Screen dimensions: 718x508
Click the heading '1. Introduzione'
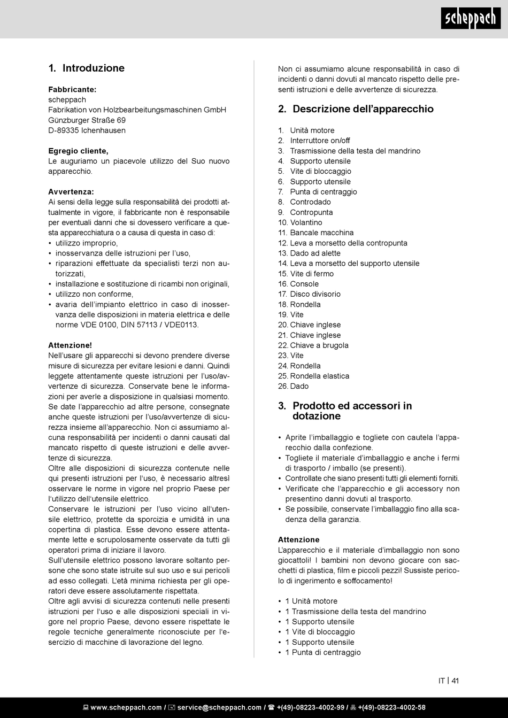click(x=87, y=68)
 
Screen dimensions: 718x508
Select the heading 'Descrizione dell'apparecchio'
click(x=363, y=109)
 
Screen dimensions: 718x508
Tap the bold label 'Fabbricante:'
click(x=72, y=89)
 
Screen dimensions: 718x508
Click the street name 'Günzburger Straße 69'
click(x=87, y=120)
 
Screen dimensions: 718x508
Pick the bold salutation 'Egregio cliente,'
click(x=78, y=151)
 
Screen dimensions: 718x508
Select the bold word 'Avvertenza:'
click(x=71, y=191)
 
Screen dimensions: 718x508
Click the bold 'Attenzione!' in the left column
click(x=70, y=345)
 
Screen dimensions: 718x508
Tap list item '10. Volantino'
click(x=300, y=222)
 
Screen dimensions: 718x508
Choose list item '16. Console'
click(x=298, y=284)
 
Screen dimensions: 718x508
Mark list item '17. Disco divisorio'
click(x=309, y=294)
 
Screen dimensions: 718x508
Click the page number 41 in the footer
click(x=455, y=681)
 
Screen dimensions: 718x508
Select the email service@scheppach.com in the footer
click(x=219, y=707)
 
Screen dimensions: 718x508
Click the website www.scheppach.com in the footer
click(x=126, y=707)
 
